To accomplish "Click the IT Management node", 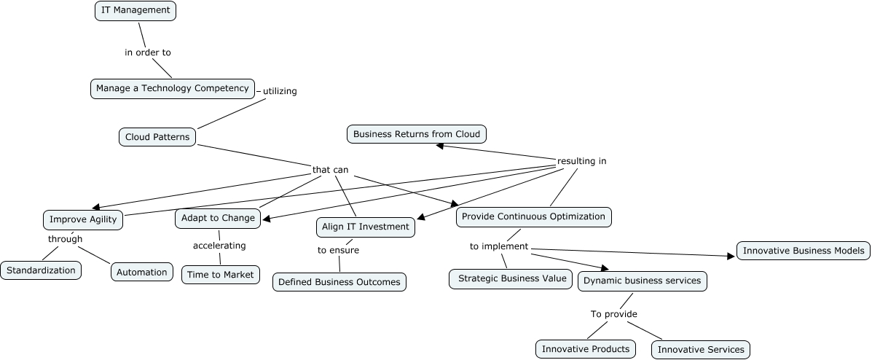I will click(x=135, y=11).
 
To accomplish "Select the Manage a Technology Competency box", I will click(x=173, y=88).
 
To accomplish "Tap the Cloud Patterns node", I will click(x=157, y=137).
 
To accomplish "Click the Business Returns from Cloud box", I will click(x=417, y=134).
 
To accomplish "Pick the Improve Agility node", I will click(x=83, y=219).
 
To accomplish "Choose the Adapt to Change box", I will click(x=218, y=218).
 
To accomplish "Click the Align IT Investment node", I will click(x=366, y=227).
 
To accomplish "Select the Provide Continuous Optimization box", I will click(x=533, y=216).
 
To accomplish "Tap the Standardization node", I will click(x=41, y=270).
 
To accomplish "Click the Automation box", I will click(x=142, y=272).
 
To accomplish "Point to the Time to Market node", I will click(x=221, y=275).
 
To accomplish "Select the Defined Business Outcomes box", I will click(x=339, y=282).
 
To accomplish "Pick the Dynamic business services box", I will click(x=643, y=281).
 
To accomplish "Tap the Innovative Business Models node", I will click(x=804, y=251).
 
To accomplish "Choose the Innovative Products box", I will click(x=585, y=349).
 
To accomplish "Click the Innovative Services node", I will click(x=701, y=350).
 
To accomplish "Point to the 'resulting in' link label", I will click(x=581, y=161).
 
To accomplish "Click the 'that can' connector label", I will click(x=330, y=170).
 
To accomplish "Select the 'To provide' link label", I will click(x=613, y=314).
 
